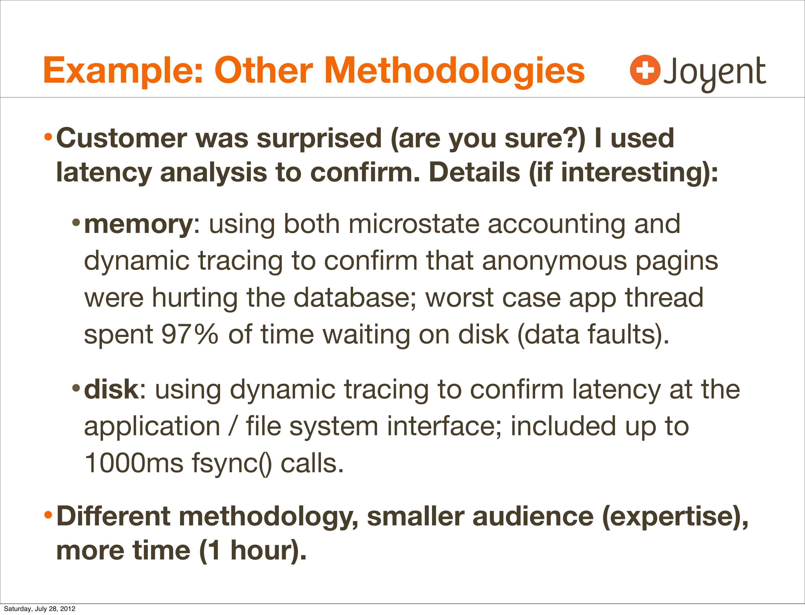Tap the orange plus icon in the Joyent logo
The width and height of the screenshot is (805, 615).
[645, 70]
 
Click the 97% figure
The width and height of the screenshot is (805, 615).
[190, 335]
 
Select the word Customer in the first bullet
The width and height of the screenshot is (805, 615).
[122, 138]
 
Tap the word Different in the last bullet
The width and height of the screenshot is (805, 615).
[113, 517]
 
